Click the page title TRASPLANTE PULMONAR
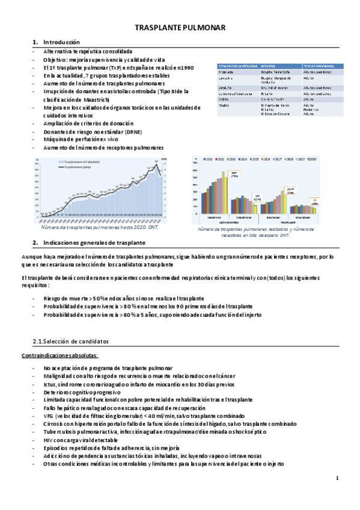180,28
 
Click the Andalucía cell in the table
227,72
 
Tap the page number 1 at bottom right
338,478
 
